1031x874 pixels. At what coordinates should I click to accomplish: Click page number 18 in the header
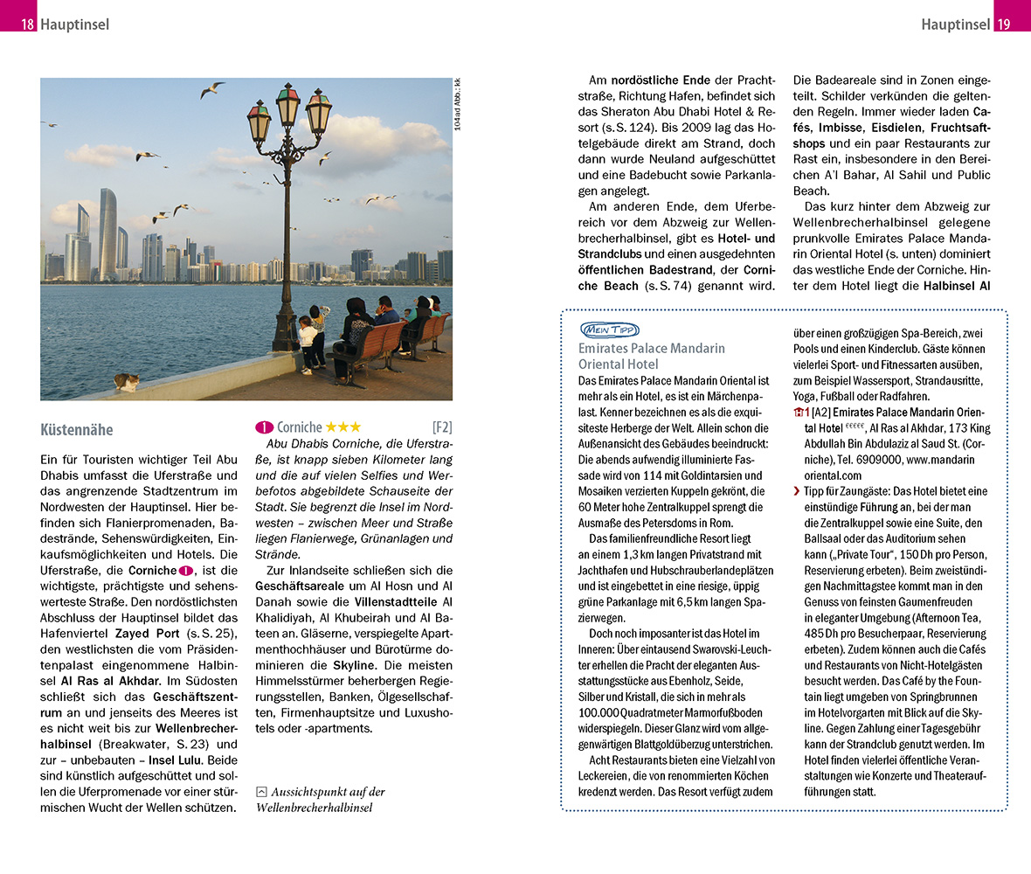27,24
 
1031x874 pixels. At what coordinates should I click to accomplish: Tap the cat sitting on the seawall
128,382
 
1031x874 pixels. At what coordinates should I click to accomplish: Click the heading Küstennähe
76,430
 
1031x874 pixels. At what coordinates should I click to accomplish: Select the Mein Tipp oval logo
609,329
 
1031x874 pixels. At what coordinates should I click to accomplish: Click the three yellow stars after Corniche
343,427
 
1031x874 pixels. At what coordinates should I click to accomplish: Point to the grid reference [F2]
442,427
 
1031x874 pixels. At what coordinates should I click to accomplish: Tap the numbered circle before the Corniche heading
265,427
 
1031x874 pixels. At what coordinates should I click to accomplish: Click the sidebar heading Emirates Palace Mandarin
651,348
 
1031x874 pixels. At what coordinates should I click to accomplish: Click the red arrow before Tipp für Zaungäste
796,492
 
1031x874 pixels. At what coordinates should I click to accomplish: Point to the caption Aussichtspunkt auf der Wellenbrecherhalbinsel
321,800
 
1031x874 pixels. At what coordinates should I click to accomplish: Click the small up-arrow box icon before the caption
261,792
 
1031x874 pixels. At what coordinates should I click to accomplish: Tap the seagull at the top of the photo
212,89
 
